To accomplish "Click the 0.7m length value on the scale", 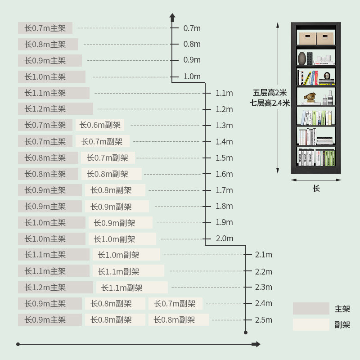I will (x=192, y=28).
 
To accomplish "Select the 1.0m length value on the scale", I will (x=192, y=76).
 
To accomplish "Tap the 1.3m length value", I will (x=224, y=126).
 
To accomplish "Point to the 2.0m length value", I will (x=224, y=238).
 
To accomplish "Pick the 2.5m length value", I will (x=263, y=320).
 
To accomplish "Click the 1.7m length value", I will (x=224, y=190).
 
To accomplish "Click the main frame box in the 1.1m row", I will (x=54, y=93).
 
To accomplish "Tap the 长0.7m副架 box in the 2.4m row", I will (x=175, y=304).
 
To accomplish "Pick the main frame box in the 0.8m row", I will (x=48, y=45).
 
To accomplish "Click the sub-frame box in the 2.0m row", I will (x=122, y=239).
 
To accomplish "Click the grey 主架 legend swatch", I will (x=311, y=309).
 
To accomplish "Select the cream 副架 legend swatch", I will (x=311, y=325).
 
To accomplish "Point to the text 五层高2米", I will (x=270, y=93).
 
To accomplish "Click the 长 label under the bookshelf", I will (x=316, y=188).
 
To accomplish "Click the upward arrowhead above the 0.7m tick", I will (x=172, y=17).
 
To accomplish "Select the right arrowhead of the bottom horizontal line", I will (x=256, y=344).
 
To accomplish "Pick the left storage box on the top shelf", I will (x=307, y=38).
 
